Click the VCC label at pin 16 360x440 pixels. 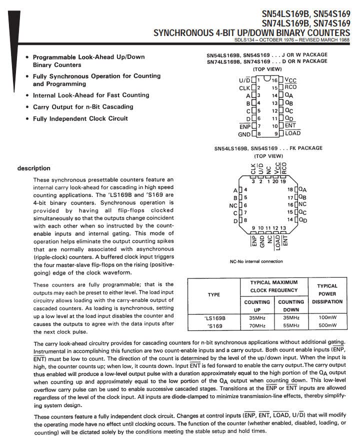(x=291, y=80)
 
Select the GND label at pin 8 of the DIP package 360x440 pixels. (x=244, y=134)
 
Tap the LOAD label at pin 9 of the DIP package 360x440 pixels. (x=292, y=133)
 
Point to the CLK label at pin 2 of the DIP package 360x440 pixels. (x=244, y=88)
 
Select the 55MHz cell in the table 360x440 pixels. (x=290, y=325)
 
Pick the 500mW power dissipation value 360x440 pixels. (x=327, y=325)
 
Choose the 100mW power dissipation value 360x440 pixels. (x=327, y=317)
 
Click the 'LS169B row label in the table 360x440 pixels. (x=214, y=317)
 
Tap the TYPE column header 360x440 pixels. (x=214, y=294)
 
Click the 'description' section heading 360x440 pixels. (x=33, y=168)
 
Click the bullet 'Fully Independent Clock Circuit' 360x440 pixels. (x=80, y=118)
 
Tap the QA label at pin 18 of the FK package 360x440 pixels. (x=303, y=190)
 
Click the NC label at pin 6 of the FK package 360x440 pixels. (x=233, y=205)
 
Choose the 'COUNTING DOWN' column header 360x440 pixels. (x=290, y=305)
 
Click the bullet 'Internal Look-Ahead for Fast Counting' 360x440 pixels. (x=91, y=95)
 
